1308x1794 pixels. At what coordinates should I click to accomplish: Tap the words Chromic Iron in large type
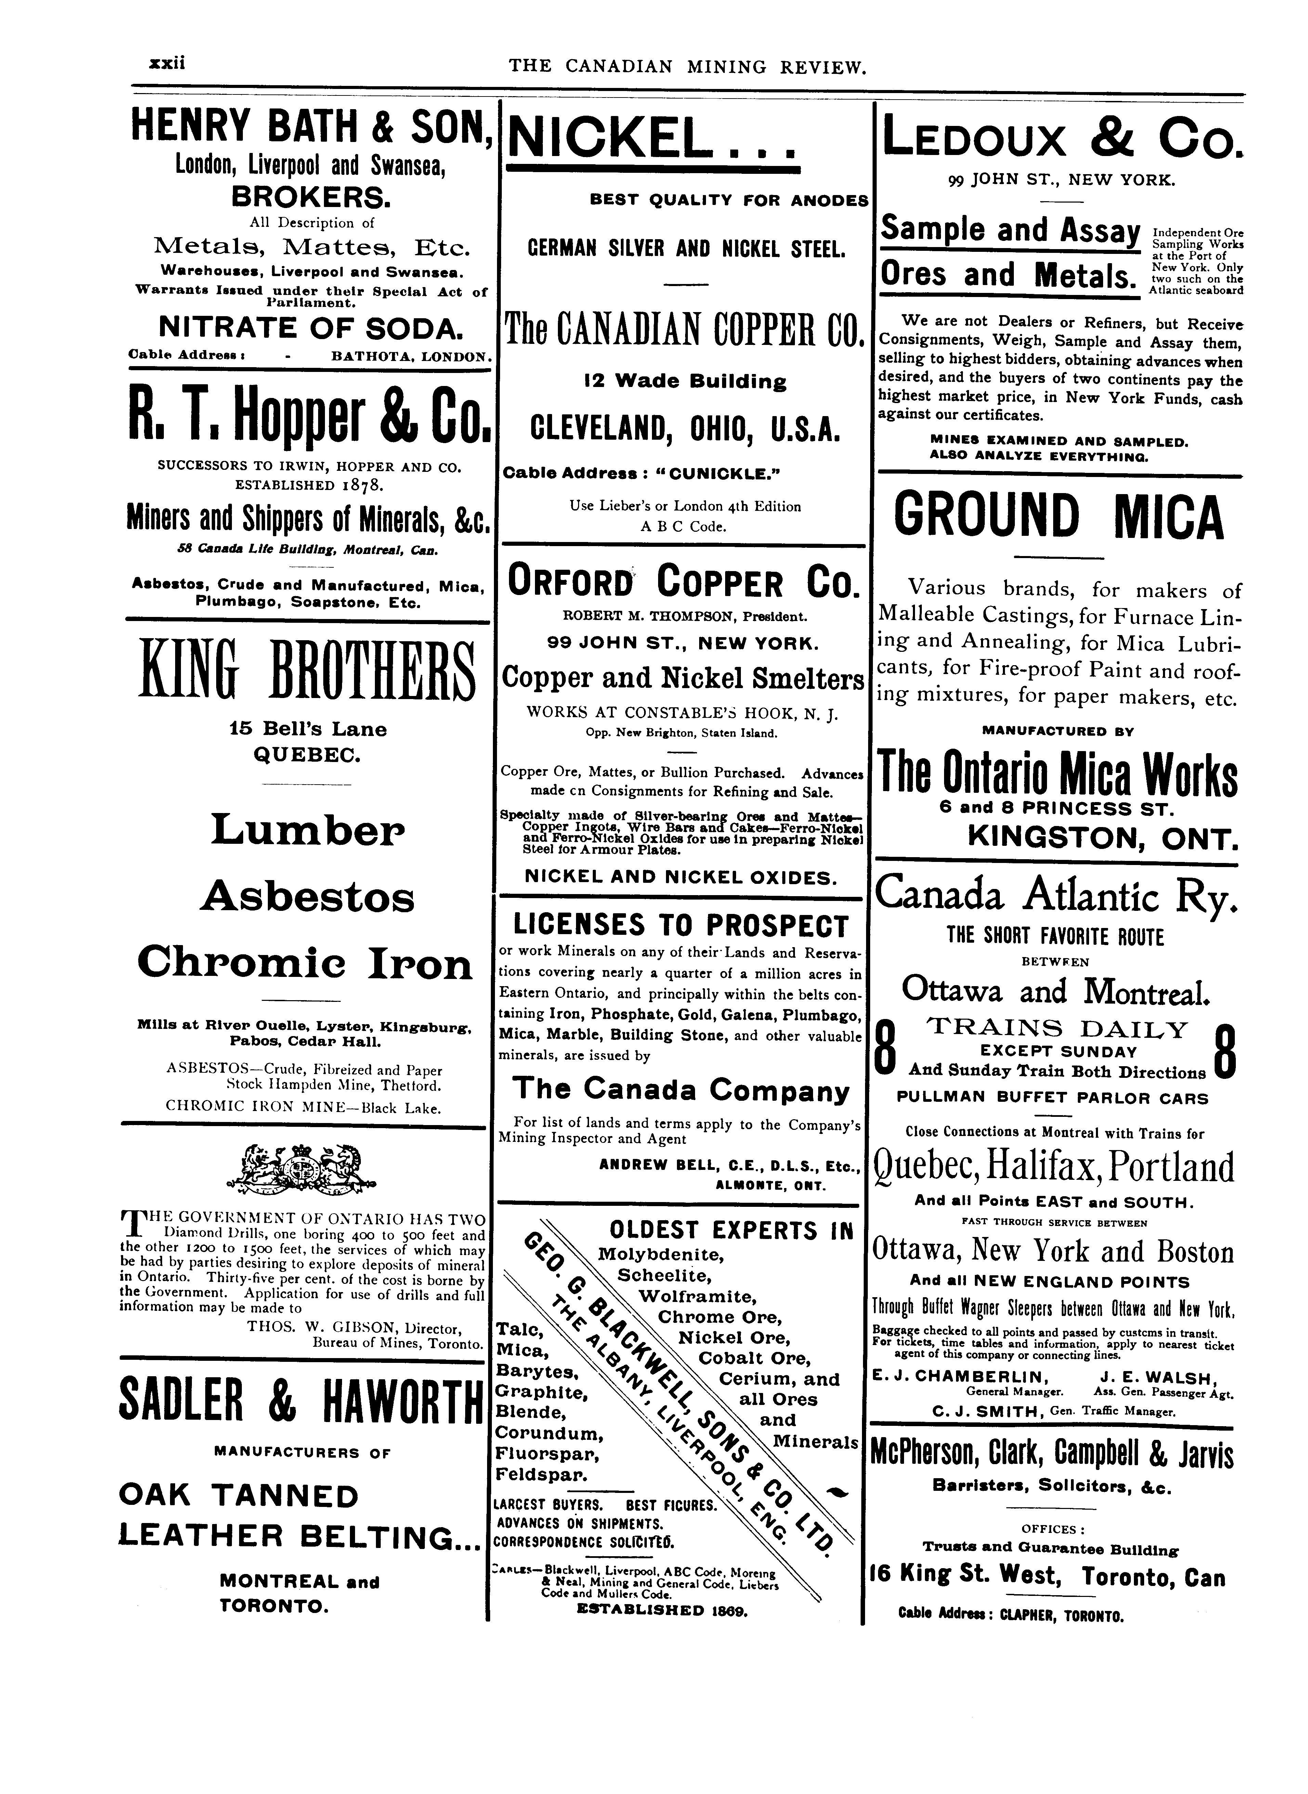pyautogui.click(x=305, y=963)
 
